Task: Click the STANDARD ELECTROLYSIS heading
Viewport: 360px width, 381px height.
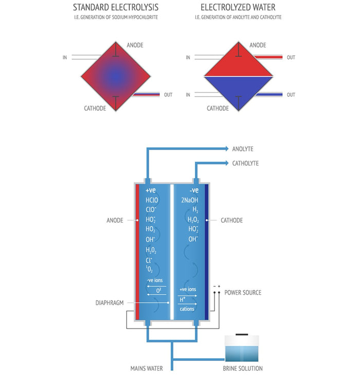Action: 116,7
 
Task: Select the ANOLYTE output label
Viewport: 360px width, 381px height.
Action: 242,149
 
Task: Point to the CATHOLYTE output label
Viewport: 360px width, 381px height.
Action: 245,164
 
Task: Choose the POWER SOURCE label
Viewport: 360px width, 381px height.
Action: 243,293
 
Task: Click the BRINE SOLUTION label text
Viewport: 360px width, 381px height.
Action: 243,368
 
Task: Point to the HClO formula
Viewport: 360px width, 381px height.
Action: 152,200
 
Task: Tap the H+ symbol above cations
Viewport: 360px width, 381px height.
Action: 183,299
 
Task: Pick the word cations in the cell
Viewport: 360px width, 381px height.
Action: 187,310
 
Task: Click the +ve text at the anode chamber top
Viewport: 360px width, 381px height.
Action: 151,190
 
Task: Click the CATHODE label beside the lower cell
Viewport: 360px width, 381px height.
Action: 231,220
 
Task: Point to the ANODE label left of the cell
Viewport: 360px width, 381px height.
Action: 115,220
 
